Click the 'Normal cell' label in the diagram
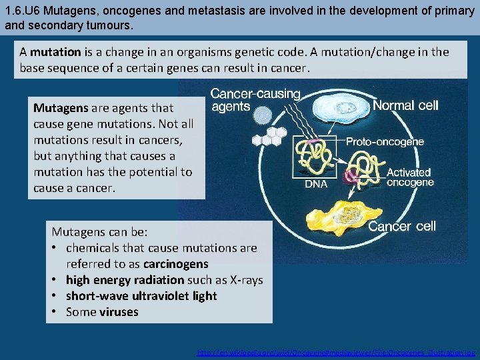click(x=405, y=105)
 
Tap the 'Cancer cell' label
click(x=402, y=226)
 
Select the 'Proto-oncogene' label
click(x=385, y=142)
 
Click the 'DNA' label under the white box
click(x=316, y=185)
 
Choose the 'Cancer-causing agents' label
click(x=255, y=100)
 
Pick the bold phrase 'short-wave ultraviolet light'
click(x=141, y=296)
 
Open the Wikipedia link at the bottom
click(x=336, y=352)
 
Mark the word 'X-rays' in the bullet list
click(x=245, y=280)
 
